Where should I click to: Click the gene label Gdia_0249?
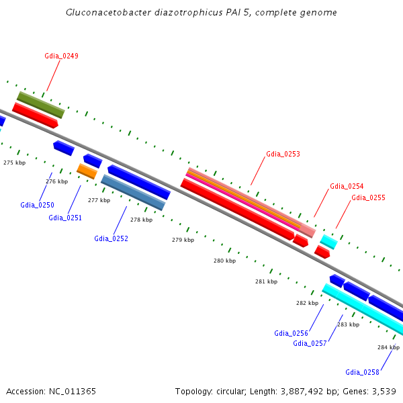point(61,56)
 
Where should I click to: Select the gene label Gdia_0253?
point(283,154)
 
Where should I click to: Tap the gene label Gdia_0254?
point(347,186)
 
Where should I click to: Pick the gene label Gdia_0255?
point(368,197)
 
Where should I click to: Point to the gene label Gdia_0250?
point(37,205)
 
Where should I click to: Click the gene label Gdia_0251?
point(65,218)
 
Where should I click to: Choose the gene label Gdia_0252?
point(111,238)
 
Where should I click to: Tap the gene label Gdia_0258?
point(362,372)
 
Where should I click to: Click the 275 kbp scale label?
point(14,163)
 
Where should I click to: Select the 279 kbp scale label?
point(183,240)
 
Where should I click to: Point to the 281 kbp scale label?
point(266,281)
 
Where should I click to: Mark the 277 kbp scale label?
point(99,200)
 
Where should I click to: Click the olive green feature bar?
point(41,105)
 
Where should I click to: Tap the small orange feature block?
point(87,171)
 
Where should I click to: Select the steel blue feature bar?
point(133,192)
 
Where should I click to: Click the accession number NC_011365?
point(73,392)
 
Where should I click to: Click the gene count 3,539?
point(384,392)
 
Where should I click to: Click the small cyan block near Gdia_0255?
point(328,242)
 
